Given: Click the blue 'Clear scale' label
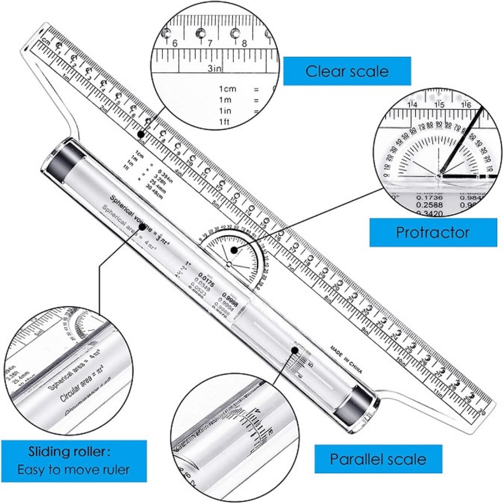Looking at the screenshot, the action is [x=346, y=71].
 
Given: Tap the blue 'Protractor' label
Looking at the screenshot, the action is [x=433, y=232].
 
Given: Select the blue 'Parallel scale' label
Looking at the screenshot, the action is [x=378, y=459].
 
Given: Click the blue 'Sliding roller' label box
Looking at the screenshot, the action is [x=73, y=461].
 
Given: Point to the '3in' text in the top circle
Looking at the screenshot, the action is [x=213, y=68].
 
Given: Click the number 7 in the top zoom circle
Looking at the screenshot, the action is [x=210, y=43].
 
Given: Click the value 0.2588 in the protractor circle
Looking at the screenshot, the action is [x=429, y=204].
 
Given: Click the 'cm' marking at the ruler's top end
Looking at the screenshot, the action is [x=46, y=40].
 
